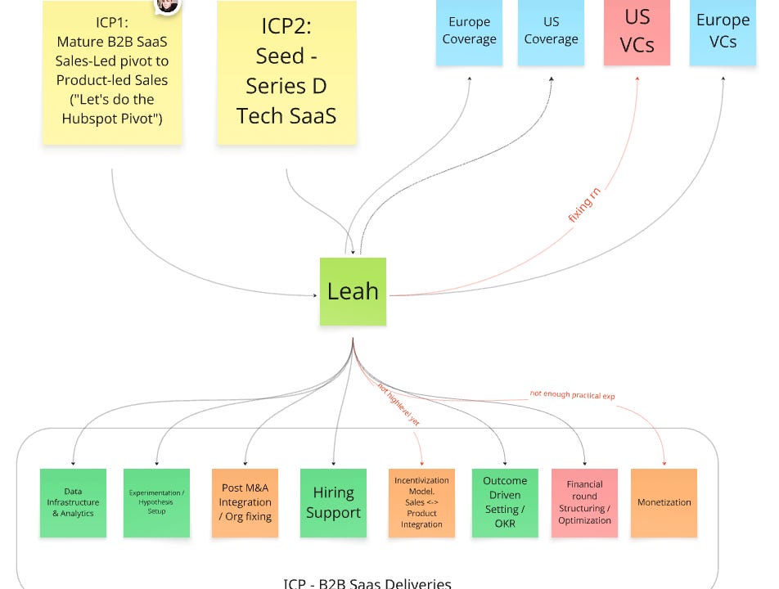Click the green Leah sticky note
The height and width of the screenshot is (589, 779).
click(x=353, y=291)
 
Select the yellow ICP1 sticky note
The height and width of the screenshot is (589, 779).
click(x=112, y=74)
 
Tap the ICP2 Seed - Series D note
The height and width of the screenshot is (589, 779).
click(x=286, y=74)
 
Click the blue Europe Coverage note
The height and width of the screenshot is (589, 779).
click(x=469, y=31)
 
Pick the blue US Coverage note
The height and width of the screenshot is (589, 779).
click(x=551, y=31)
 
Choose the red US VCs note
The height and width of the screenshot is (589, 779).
click(x=637, y=31)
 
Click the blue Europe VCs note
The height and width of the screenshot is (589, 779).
click(x=723, y=31)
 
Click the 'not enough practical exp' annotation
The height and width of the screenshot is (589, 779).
click(x=572, y=394)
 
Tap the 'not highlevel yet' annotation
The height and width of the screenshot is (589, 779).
click(x=399, y=406)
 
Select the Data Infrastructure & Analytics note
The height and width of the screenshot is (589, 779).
click(x=73, y=502)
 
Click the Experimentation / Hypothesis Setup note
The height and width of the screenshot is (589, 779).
click(x=156, y=502)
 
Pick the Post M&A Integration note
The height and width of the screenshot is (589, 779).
click(x=245, y=502)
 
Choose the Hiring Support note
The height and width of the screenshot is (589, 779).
click(x=333, y=502)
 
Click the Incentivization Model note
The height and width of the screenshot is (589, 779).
click(x=421, y=502)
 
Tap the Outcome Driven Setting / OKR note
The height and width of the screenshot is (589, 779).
click(x=505, y=502)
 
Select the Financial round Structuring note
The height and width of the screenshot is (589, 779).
click(x=584, y=502)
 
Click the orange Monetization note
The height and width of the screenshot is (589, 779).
click(x=664, y=502)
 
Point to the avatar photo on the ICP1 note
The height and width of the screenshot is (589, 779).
click(x=168, y=4)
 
